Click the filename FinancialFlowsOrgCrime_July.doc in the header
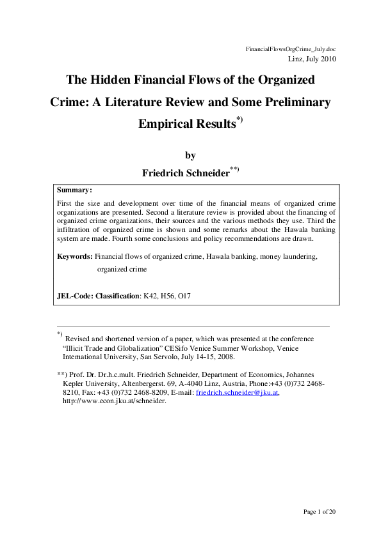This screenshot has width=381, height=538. tap(291, 49)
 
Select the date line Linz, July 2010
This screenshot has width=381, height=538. tap(309, 59)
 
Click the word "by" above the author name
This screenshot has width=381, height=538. tap(190, 155)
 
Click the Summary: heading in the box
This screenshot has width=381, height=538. tap(74, 190)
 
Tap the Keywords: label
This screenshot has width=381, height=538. tap(75, 256)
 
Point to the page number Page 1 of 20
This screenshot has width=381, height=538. tap(318, 511)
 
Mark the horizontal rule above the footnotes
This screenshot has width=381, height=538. tap(193, 327)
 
